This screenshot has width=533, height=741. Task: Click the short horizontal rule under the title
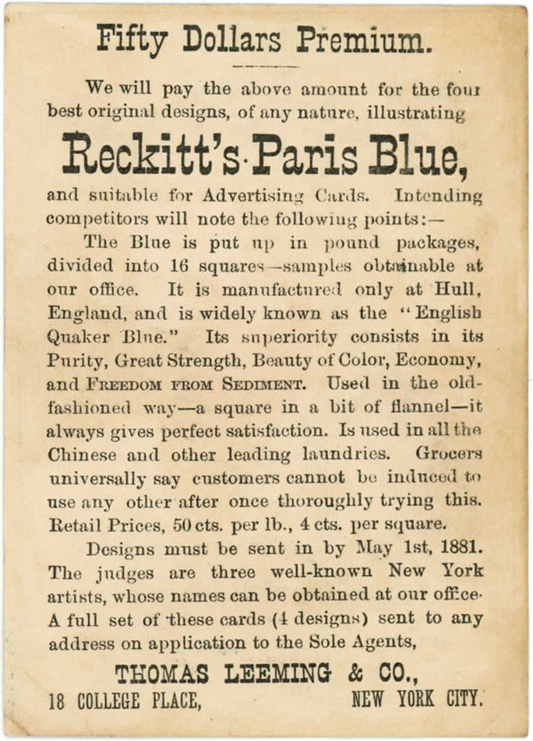[x=266, y=66]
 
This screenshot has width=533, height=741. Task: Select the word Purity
[x=76, y=362]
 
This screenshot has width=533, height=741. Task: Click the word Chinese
[x=82, y=454]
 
